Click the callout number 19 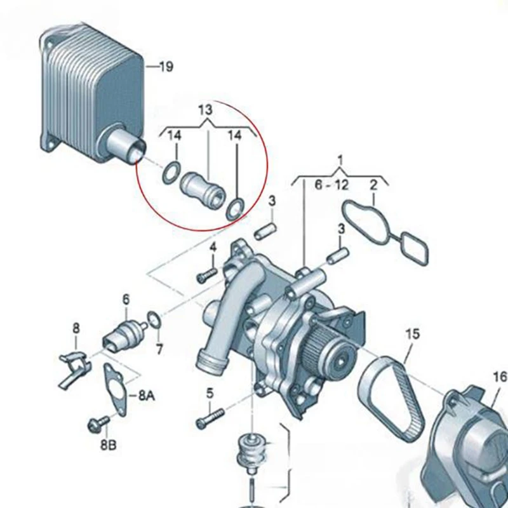pos(166,67)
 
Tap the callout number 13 pos(205,109)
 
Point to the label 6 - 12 pos(332,185)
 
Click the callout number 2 pos(373,185)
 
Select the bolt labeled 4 pos(207,274)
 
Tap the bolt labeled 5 pos(210,418)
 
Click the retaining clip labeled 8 pos(74,368)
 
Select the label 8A pos(147,396)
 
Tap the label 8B pos(108,445)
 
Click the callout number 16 pos(500,377)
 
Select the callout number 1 pos(340,160)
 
